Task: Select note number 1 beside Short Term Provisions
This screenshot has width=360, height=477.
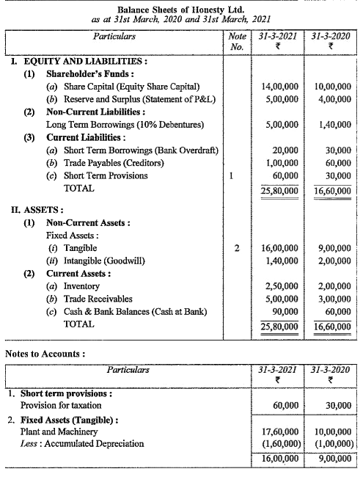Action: click(232, 175)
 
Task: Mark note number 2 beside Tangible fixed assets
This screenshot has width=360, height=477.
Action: click(235, 248)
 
